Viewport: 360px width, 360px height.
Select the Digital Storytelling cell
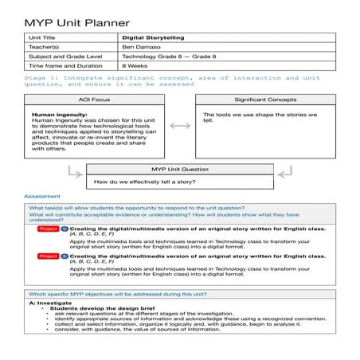click(x=154, y=37)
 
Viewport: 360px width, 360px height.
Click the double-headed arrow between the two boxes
click(x=179, y=126)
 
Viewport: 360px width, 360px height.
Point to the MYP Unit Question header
click(x=179, y=170)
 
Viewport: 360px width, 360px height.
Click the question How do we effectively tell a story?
click(x=151, y=182)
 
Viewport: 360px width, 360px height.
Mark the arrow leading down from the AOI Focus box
click(x=75, y=170)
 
